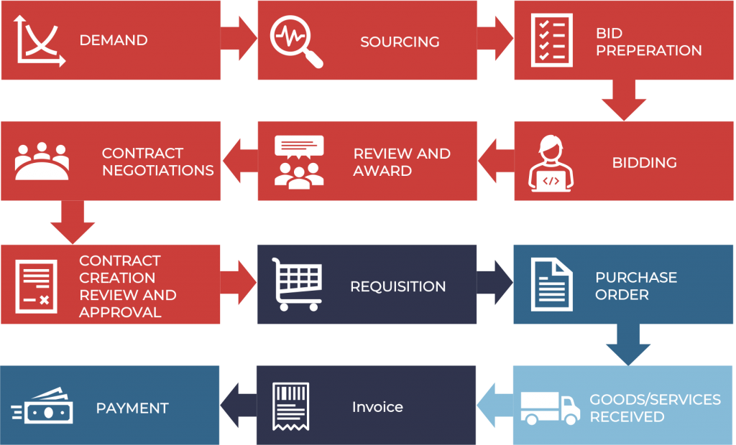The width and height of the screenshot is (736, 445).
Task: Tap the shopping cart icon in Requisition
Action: (x=297, y=284)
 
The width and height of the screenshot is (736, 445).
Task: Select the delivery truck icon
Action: (x=550, y=408)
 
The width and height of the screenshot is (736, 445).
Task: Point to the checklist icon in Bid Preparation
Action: (x=551, y=40)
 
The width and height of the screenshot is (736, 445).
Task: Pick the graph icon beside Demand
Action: (x=40, y=40)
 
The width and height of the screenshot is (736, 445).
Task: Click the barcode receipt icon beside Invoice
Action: (x=291, y=406)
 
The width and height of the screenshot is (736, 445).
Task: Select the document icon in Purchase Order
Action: (x=551, y=284)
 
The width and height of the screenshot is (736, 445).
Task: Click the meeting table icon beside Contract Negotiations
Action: (x=42, y=161)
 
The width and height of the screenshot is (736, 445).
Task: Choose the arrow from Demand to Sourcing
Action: (x=239, y=39)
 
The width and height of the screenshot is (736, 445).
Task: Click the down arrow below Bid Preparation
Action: (x=624, y=100)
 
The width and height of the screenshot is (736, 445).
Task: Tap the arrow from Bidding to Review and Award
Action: (x=496, y=160)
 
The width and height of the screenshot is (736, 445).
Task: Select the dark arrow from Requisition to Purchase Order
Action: (x=494, y=283)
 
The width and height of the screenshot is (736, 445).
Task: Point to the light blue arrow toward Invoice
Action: (x=495, y=405)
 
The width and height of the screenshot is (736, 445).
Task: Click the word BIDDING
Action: (x=644, y=163)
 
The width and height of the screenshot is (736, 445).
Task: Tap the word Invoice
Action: (x=377, y=407)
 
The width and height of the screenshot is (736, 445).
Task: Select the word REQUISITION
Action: (x=398, y=286)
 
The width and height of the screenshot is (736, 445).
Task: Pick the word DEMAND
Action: (x=114, y=40)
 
